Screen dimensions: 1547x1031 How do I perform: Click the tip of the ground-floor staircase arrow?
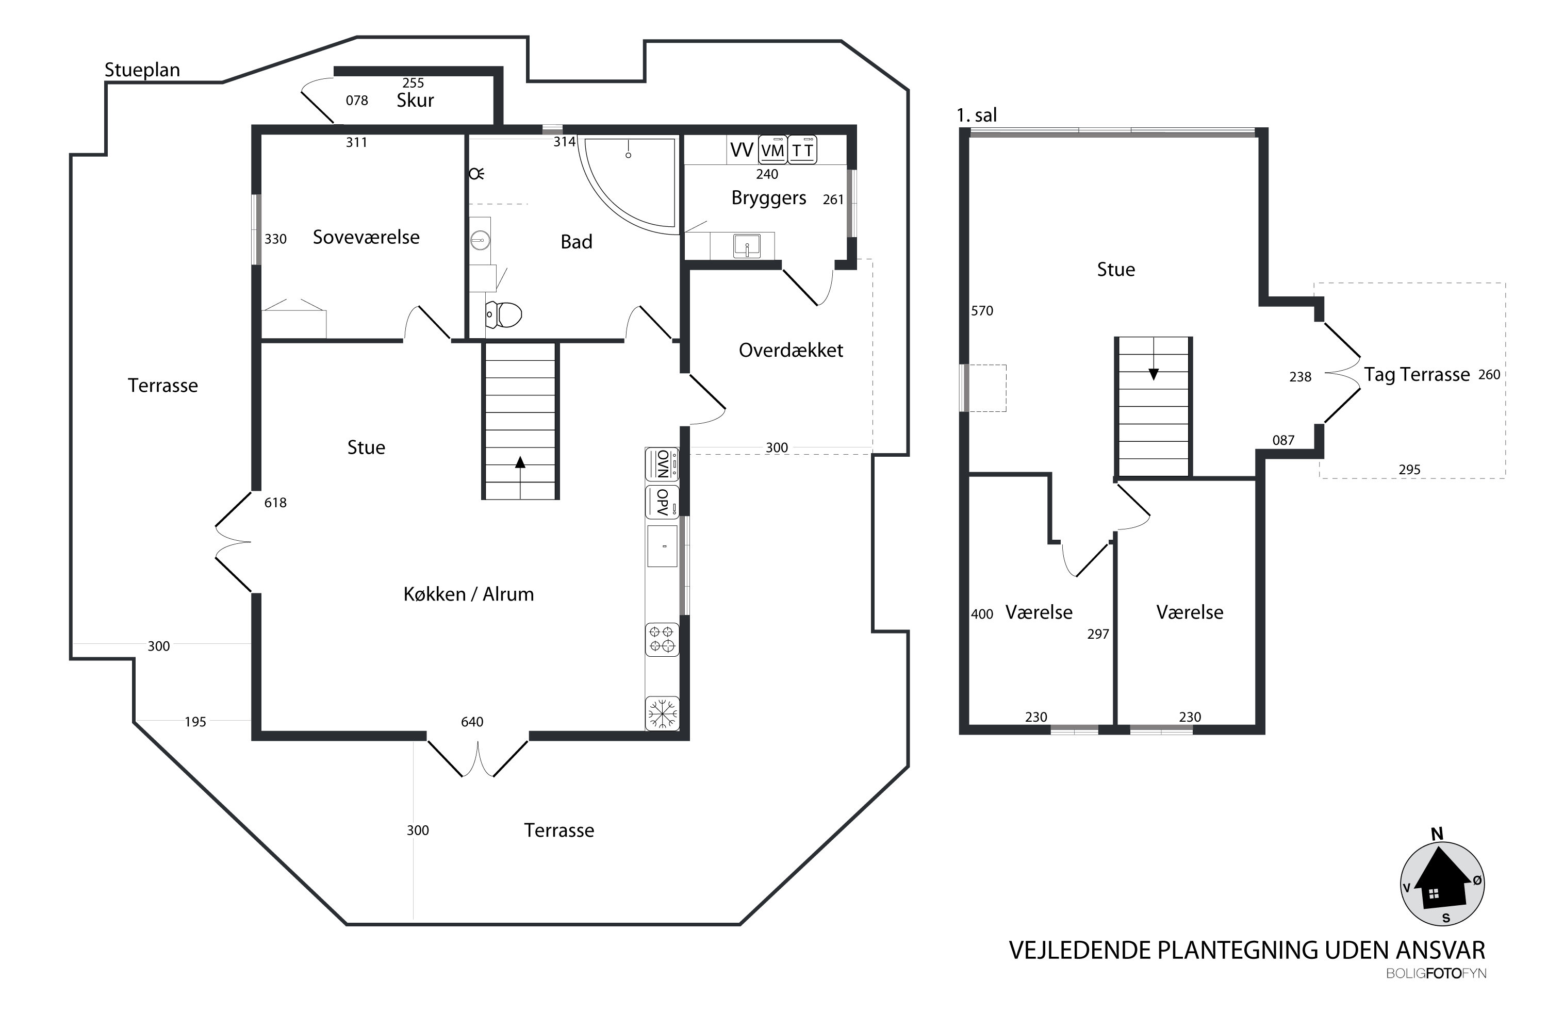(520, 456)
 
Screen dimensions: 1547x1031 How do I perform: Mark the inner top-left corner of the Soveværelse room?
(262, 135)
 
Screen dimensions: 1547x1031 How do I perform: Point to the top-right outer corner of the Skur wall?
(503, 66)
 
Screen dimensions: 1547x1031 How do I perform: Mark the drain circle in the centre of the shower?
(628, 155)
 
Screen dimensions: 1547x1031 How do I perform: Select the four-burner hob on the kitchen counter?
(662, 639)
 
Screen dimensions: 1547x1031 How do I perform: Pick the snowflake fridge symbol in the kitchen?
(662, 713)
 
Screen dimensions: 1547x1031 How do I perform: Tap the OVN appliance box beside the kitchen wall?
(662, 464)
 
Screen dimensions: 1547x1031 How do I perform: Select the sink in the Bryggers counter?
(747, 246)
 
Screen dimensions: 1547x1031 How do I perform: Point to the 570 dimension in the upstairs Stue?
(982, 311)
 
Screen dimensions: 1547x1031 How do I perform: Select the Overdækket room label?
(791, 350)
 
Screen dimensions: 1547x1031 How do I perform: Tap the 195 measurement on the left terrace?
(195, 722)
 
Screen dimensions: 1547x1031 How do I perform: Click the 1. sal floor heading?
(977, 115)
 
